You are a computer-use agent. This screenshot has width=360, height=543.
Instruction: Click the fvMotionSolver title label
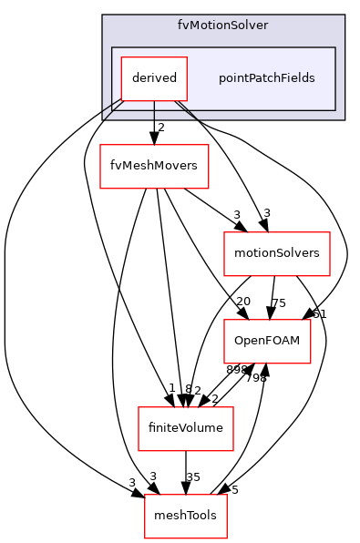(x=222, y=25)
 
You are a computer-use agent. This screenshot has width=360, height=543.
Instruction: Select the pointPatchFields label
(x=266, y=78)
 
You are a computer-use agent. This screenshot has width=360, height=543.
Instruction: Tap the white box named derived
(x=154, y=78)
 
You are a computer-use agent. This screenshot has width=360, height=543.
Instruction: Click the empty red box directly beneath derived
(x=154, y=167)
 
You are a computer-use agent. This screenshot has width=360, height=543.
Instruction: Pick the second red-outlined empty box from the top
(x=277, y=254)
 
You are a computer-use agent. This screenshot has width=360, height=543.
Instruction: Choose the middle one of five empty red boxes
(x=267, y=342)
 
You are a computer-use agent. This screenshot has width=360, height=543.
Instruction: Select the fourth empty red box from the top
(x=186, y=429)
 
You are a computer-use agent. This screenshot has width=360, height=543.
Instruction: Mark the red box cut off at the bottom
(x=186, y=517)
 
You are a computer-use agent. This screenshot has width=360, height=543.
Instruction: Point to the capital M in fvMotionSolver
(x=194, y=25)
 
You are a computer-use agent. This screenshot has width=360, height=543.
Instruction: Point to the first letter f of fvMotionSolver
(x=180, y=25)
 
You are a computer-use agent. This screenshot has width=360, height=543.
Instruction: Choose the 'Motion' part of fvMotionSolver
(x=210, y=25)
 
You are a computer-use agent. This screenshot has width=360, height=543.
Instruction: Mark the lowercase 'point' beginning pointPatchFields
(x=232, y=79)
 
